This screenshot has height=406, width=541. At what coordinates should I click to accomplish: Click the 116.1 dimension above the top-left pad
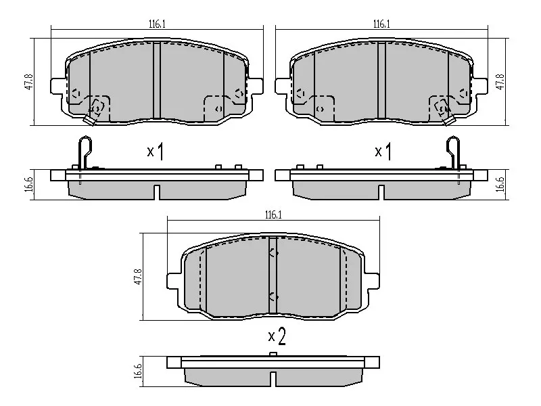click(157, 24)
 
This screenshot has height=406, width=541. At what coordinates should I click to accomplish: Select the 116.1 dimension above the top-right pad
click(381, 24)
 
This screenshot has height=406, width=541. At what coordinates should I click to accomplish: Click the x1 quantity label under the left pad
click(156, 151)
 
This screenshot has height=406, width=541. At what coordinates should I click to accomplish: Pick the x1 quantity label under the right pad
click(383, 151)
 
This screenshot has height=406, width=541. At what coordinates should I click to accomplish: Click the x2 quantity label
click(277, 336)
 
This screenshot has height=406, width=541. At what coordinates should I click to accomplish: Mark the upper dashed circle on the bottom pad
click(273, 253)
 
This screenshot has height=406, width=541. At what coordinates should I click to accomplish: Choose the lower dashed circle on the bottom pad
click(273, 296)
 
